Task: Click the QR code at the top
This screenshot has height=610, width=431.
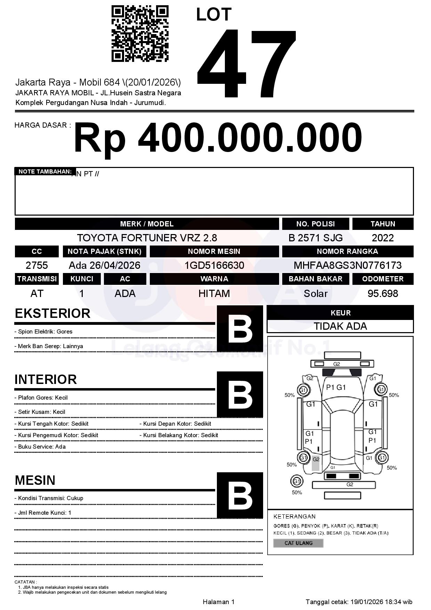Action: [x=140, y=34]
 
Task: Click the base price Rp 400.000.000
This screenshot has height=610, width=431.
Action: [x=218, y=138]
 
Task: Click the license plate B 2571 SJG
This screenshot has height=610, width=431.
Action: [x=315, y=238]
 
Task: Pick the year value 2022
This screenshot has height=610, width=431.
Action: [x=383, y=238]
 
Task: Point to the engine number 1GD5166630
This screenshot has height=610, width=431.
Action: [x=214, y=265]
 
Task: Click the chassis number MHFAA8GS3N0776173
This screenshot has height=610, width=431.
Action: [x=348, y=265]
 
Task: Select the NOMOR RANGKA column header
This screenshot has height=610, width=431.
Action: [x=348, y=251]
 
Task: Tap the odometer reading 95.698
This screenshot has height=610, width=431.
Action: [x=383, y=294]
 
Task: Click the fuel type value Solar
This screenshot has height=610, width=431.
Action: [x=315, y=294]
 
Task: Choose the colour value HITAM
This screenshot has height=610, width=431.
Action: [x=214, y=294]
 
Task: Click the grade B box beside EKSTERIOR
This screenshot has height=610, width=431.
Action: [x=240, y=329]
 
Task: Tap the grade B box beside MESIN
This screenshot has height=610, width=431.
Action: [x=240, y=495]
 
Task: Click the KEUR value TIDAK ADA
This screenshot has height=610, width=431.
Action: [x=340, y=326]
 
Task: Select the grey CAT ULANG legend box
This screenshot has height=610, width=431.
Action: [x=298, y=543]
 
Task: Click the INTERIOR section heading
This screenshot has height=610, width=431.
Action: [x=46, y=379]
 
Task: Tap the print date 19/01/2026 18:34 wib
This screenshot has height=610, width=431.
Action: [x=381, y=602]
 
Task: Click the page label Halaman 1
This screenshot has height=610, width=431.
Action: [x=219, y=602]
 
